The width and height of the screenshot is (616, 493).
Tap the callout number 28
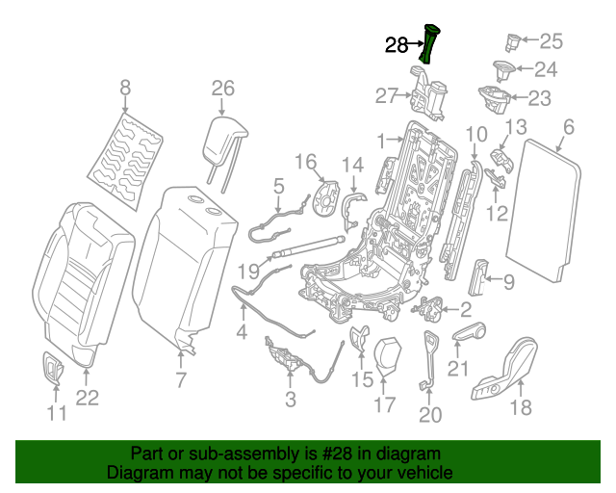[398, 44]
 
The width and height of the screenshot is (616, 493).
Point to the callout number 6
[568, 126]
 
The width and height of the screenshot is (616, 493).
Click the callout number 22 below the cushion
[88, 398]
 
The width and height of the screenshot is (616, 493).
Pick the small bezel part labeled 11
[54, 366]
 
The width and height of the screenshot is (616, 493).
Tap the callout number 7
[180, 380]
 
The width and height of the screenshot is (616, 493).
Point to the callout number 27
[386, 94]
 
